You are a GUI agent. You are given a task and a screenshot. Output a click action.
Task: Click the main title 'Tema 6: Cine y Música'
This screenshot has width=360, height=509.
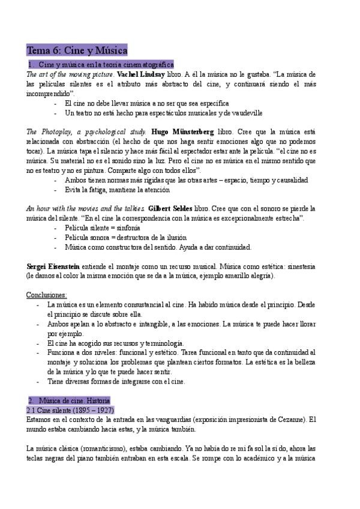tap(77, 51)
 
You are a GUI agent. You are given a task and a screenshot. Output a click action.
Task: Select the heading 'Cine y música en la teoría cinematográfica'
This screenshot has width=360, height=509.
tap(106, 64)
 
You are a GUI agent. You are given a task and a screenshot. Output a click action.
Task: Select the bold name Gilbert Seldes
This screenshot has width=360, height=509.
tap(172, 208)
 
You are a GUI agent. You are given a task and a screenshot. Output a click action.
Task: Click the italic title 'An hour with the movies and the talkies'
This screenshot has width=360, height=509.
tap(85, 208)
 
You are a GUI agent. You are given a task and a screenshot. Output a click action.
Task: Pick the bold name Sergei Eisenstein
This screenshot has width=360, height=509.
tap(53, 266)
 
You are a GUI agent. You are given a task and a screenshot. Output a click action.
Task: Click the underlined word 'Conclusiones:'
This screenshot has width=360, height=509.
tap(47, 295)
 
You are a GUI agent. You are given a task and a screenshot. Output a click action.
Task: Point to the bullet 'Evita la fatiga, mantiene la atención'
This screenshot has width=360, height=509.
tap(117, 190)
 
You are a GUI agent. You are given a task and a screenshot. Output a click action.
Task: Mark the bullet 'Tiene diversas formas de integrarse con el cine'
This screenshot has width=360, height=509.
tap(116, 381)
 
